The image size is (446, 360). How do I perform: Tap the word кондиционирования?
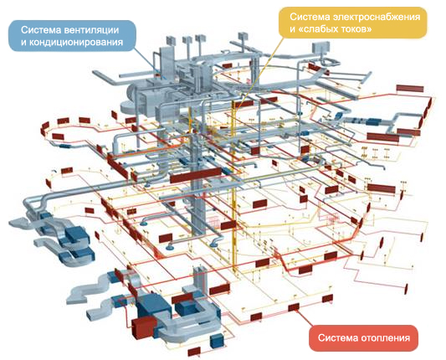(x=76, y=43)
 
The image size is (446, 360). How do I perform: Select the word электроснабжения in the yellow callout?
(x=377, y=17)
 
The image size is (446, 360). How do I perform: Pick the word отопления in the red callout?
(x=386, y=337)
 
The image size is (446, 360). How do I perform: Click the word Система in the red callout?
(x=337, y=337)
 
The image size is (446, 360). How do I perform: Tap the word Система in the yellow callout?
(x=310, y=17)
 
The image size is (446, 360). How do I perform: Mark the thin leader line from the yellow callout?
(x=260, y=73)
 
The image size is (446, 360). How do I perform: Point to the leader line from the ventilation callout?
(x=150, y=64)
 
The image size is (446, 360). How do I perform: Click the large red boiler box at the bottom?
(x=144, y=328)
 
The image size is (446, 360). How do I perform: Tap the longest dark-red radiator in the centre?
(x=196, y=175)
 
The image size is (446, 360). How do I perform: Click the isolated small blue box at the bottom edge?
(x=218, y=342)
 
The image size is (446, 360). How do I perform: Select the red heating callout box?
(x=363, y=337)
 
